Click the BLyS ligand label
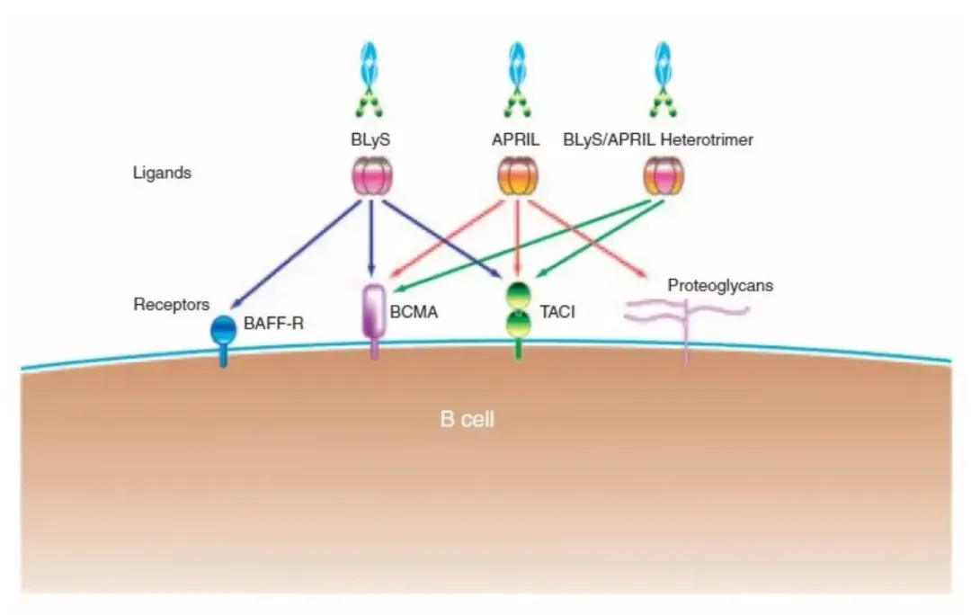[x=371, y=140]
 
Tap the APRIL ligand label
[x=516, y=140]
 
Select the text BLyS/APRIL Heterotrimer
[x=657, y=140]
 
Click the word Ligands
[x=162, y=173]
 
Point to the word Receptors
[x=171, y=304]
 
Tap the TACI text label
[x=557, y=312]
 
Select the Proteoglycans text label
[x=720, y=286]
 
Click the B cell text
[x=467, y=420]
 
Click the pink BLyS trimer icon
[x=371, y=175]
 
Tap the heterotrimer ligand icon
[x=664, y=176]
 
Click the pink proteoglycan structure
[x=687, y=315]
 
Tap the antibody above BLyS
[x=371, y=81]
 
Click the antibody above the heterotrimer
[x=664, y=81]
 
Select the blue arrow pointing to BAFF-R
[x=288, y=256]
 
